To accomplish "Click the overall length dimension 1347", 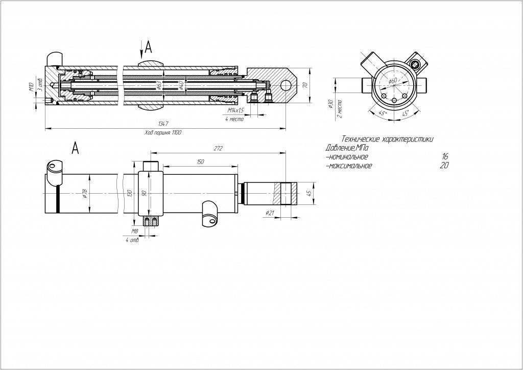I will (163, 124).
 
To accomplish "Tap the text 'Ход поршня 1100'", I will (163, 132).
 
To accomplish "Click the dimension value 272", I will (218, 148).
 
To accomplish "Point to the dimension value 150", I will (200, 161).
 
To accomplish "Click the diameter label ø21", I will (271, 212).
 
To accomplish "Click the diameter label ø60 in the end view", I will (392, 81).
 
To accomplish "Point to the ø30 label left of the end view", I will (330, 105).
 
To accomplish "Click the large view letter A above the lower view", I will (75, 148).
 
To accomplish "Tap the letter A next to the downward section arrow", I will (149, 48).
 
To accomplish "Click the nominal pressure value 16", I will (445, 157).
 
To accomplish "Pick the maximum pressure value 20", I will (445, 166).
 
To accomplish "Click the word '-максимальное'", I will (348, 166).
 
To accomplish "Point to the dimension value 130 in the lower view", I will (129, 194).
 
